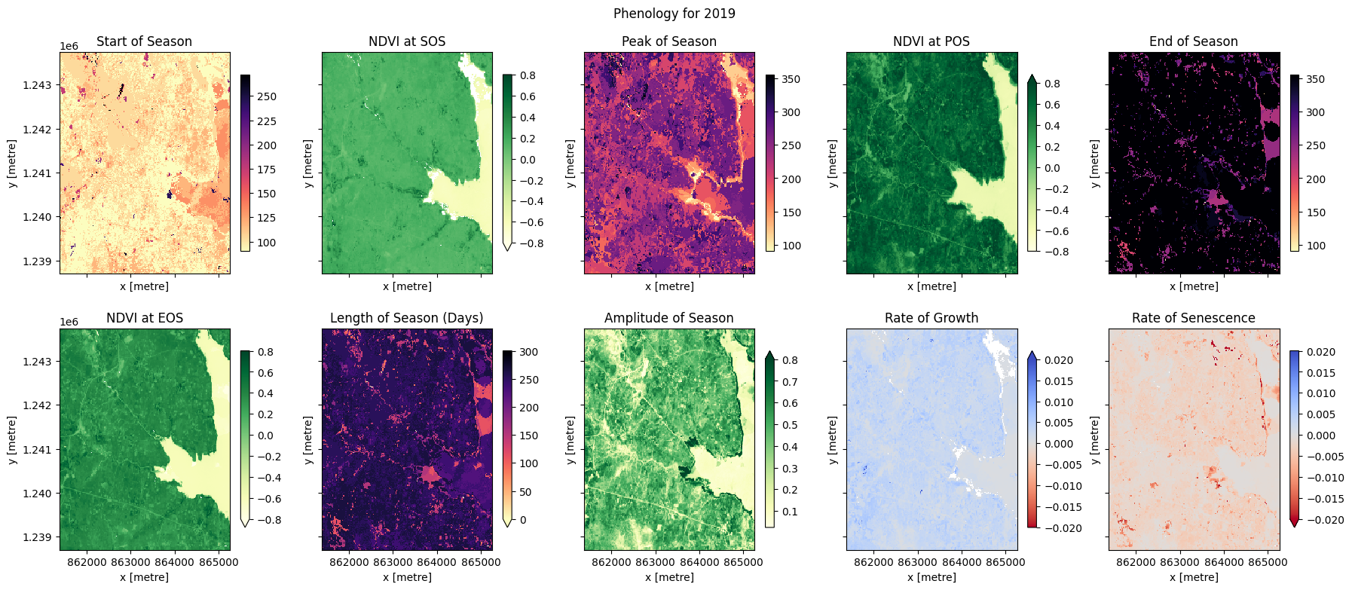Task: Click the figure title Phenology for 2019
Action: (x=674, y=13)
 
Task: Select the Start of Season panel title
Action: (x=144, y=41)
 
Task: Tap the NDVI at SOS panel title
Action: (x=407, y=41)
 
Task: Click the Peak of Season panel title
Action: (x=668, y=41)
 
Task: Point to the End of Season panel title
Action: (x=1193, y=41)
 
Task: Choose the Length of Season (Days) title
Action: (x=407, y=318)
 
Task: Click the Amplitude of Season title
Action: (x=668, y=318)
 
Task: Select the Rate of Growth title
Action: (x=931, y=318)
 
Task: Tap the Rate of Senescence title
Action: (x=1193, y=318)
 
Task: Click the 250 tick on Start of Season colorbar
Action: (x=266, y=96)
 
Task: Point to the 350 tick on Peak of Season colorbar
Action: (x=791, y=79)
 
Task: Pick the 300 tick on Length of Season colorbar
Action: (x=528, y=352)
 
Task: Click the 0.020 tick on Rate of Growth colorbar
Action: (x=1058, y=360)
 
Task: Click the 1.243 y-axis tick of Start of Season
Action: (x=37, y=85)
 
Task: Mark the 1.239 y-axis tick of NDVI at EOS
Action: (x=37, y=537)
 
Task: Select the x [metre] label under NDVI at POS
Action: (x=931, y=286)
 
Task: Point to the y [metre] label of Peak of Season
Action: (x=570, y=164)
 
